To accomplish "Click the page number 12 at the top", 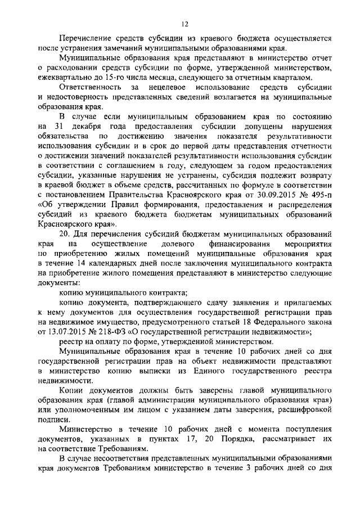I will click(x=184, y=24).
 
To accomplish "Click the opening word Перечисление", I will click(x=87, y=39).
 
